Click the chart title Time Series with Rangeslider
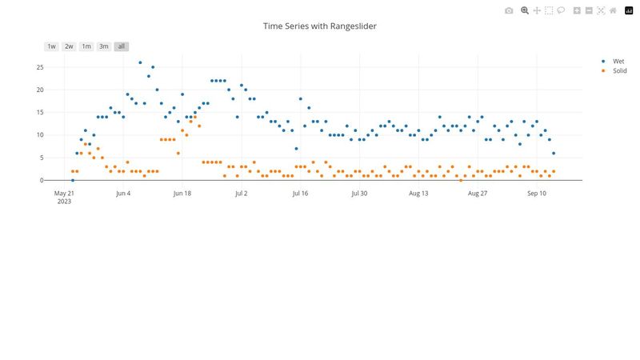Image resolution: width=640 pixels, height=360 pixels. pyautogui.click(x=320, y=26)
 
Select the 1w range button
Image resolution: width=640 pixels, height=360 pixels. pyautogui.click(x=52, y=46)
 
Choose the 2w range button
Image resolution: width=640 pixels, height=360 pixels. pyautogui.click(x=70, y=46)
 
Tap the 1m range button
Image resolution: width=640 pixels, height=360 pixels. pyautogui.click(x=86, y=46)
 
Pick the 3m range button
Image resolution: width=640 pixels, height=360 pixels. pyautogui.click(x=104, y=46)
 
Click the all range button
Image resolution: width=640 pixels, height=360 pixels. pyautogui.click(x=122, y=46)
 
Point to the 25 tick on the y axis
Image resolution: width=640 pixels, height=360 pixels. pyautogui.click(x=39, y=66)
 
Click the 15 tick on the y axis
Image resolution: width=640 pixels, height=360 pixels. pyautogui.click(x=39, y=112)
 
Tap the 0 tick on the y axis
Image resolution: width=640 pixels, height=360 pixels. pyautogui.click(x=42, y=180)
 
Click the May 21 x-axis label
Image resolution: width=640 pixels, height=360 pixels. pyautogui.click(x=64, y=194)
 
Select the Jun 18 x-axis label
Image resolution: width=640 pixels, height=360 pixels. pyautogui.click(x=182, y=194)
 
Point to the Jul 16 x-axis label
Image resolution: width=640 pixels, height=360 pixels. pyautogui.click(x=300, y=194)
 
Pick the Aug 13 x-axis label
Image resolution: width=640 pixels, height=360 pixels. pyautogui.click(x=418, y=194)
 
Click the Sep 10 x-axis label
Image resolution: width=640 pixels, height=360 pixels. pyautogui.click(x=537, y=194)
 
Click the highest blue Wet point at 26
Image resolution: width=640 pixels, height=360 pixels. pyautogui.click(x=140, y=62)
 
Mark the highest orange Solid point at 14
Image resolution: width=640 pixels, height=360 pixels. pyautogui.click(x=195, y=117)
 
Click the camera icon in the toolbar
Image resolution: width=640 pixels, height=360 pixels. pyautogui.click(x=509, y=10)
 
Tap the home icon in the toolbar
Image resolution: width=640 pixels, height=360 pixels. pyautogui.click(x=613, y=10)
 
